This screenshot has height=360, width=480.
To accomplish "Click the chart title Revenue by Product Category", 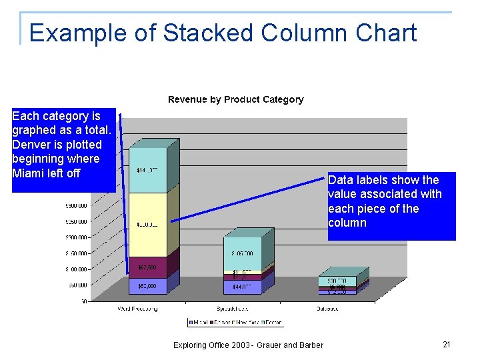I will (235, 99).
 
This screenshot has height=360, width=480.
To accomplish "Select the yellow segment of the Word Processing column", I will (147, 224).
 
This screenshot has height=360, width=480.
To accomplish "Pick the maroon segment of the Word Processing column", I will (147, 267).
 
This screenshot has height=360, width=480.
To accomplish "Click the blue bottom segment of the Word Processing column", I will (147, 286).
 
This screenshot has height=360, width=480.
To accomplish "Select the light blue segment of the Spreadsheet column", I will (242, 253).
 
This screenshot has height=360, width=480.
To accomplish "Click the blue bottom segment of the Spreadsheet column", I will (242, 286).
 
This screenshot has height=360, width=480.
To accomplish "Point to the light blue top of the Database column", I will (337, 281).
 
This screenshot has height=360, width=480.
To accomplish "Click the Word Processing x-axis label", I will (138, 309).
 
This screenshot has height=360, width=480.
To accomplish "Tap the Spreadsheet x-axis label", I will (233, 309).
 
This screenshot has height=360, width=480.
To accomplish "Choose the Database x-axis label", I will (327, 309).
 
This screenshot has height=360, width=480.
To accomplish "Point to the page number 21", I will (447, 344).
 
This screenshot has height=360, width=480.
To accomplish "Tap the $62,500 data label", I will (147, 267).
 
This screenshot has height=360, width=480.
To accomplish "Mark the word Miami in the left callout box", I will (28, 173).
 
